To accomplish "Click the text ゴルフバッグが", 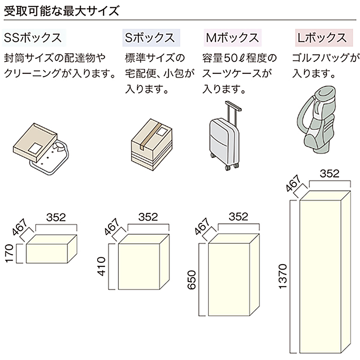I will [326, 58].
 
